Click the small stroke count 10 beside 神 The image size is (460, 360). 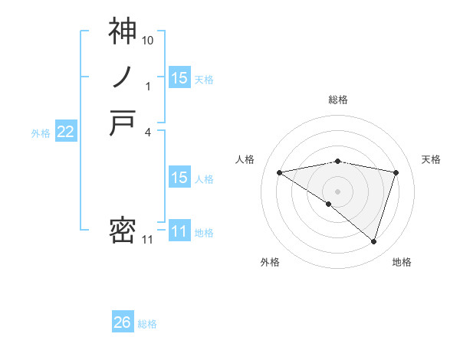point(148,39)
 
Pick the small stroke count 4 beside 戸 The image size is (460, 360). point(148,132)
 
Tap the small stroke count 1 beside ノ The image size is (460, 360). point(148,86)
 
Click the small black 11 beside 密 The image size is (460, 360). point(148,240)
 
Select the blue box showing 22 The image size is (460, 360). point(66,132)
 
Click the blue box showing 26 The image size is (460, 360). point(122,322)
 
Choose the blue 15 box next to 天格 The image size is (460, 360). point(179,77)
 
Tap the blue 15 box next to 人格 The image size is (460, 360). point(179,178)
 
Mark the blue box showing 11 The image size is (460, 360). point(179,231)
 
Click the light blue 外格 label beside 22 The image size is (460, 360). point(41,133)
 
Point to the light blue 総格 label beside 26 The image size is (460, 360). point(147,324)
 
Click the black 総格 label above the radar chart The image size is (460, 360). point(338,100)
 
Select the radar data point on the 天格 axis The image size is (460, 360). point(396,172)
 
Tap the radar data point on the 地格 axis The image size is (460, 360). point(374,241)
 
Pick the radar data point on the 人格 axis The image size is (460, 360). point(280,172)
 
